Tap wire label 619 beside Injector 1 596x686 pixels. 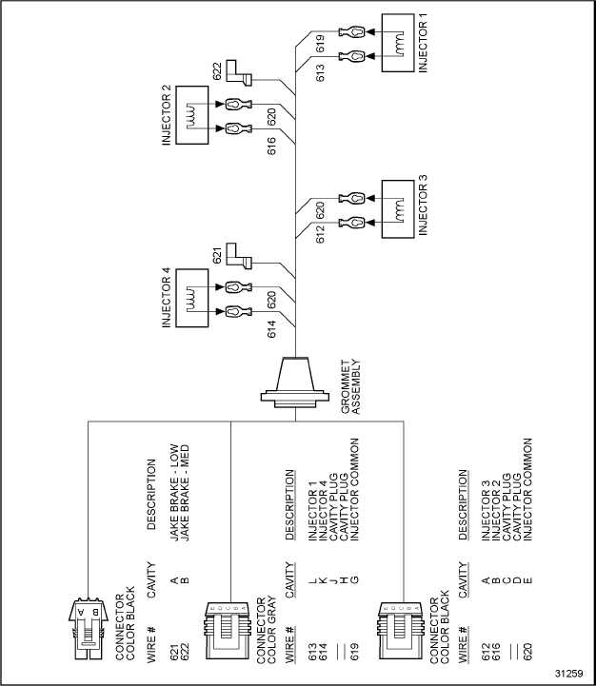tap(320, 42)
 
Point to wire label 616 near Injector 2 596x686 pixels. tap(272, 145)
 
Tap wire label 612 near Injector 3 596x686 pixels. tap(320, 234)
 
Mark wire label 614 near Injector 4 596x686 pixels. tap(272, 328)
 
